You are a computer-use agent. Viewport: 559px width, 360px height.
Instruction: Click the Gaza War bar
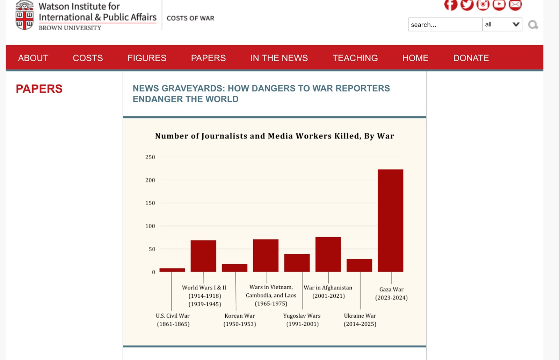[390, 221]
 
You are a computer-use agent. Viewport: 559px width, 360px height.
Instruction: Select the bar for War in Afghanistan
[328, 254]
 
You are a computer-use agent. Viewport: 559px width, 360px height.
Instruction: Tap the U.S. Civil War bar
[172, 270]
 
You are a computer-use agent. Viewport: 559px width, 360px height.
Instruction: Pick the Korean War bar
[234, 268]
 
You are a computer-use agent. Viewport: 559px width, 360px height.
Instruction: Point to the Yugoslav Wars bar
[297, 263]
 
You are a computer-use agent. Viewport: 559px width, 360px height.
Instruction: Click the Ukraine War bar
[359, 265]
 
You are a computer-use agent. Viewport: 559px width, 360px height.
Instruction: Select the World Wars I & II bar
[203, 256]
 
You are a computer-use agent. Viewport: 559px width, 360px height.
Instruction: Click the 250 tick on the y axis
[150, 157]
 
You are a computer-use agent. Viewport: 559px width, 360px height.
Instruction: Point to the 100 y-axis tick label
[150, 226]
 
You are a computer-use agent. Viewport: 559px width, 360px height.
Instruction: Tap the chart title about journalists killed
[275, 136]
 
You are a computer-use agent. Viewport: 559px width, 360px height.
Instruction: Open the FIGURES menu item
[147, 58]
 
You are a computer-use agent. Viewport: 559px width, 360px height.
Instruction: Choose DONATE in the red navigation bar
[471, 58]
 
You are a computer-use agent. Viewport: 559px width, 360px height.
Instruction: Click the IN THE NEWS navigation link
[279, 58]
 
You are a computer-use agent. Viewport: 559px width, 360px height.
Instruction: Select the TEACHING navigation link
[355, 58]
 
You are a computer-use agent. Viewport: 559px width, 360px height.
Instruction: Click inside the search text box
[445, 24]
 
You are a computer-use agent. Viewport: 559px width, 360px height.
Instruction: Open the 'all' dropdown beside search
[502, 24]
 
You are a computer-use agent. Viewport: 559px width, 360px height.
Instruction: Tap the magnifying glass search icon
[533, 25]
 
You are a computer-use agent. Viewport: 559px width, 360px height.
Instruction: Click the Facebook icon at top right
[451, 5]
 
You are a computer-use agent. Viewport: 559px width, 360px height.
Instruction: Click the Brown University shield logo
[24, 16]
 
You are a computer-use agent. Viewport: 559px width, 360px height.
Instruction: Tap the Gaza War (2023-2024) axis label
[391, 294]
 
